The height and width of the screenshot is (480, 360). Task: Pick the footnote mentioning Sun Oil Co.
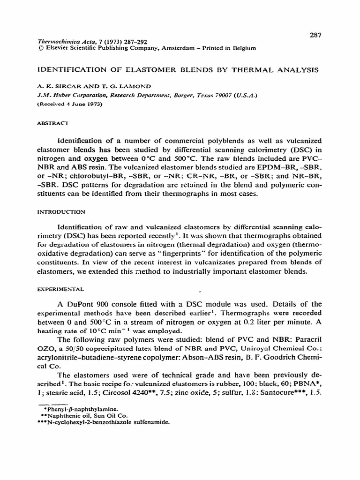coord(76,415)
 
